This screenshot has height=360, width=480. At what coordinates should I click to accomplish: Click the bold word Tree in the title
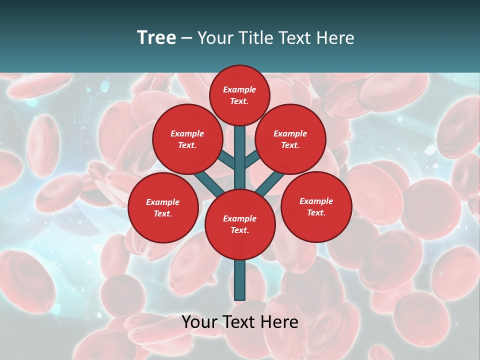click(x=156, y=37)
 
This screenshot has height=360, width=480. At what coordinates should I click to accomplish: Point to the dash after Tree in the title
click(x=186, y=38)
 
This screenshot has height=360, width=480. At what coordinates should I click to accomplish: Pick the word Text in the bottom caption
click(x=240, y=322)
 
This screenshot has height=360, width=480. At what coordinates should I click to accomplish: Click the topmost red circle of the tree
click(x=239, y=95)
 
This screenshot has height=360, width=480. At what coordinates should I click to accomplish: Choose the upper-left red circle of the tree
click(x=187, y=139)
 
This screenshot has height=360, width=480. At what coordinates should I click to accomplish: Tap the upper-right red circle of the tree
click(x=290, y=139)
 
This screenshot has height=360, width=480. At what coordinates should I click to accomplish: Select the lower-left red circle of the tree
click(x=163, y=207)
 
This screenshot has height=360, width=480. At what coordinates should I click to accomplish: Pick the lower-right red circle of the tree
click(x=316, y=206)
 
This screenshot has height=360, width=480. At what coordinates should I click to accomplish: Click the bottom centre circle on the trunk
click(x=240, y=224)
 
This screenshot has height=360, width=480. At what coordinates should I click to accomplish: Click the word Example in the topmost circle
click(x=239, y=89)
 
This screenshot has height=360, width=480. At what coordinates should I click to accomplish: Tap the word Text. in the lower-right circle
click(x=316, y=212)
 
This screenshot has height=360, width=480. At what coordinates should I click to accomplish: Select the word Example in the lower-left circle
click(x=162, y=202)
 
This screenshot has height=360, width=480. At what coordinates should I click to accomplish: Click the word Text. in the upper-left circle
click(x=187, y=145)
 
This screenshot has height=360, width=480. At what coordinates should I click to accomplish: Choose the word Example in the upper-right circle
click(x=290, y=133)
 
